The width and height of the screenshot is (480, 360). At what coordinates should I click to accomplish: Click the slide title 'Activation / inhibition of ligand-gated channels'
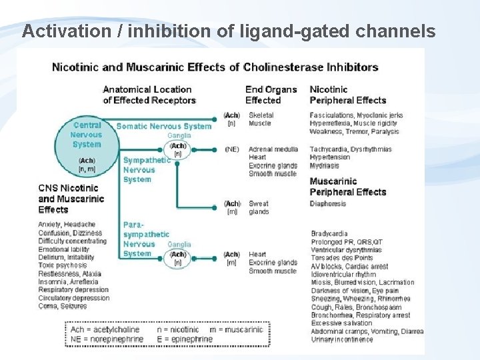[229, 31]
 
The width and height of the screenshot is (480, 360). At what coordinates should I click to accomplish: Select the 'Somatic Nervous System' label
[163, 126]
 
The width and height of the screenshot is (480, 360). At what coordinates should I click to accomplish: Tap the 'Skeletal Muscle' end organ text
[260, 119]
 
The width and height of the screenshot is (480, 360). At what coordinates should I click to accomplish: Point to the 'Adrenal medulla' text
[273, 149]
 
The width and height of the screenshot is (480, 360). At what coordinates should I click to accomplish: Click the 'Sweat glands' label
[259, 207]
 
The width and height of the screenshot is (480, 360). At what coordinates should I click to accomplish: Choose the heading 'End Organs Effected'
[271, 95]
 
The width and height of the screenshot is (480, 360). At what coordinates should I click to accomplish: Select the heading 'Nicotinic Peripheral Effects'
[347, 95]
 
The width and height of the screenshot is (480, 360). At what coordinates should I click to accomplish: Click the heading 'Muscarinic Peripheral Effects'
[347, 187]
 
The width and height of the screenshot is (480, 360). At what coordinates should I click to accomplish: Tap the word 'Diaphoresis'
[328, 203]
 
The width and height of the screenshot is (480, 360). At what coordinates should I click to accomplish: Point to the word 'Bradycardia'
[329, 234]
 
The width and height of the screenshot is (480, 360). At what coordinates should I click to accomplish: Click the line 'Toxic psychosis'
[63, 265]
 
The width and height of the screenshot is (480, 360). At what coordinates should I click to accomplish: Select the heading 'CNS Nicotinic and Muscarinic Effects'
[71, 199]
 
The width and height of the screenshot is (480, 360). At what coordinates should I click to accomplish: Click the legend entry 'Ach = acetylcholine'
[105, 329]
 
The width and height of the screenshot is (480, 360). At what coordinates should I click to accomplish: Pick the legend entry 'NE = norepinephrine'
[107, 339]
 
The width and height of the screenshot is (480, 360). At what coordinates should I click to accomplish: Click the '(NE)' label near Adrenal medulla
[232, 149]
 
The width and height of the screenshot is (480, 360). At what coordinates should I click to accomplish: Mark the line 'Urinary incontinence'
[342, 339]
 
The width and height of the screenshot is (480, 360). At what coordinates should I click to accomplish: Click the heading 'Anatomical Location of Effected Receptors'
[149, 95]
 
